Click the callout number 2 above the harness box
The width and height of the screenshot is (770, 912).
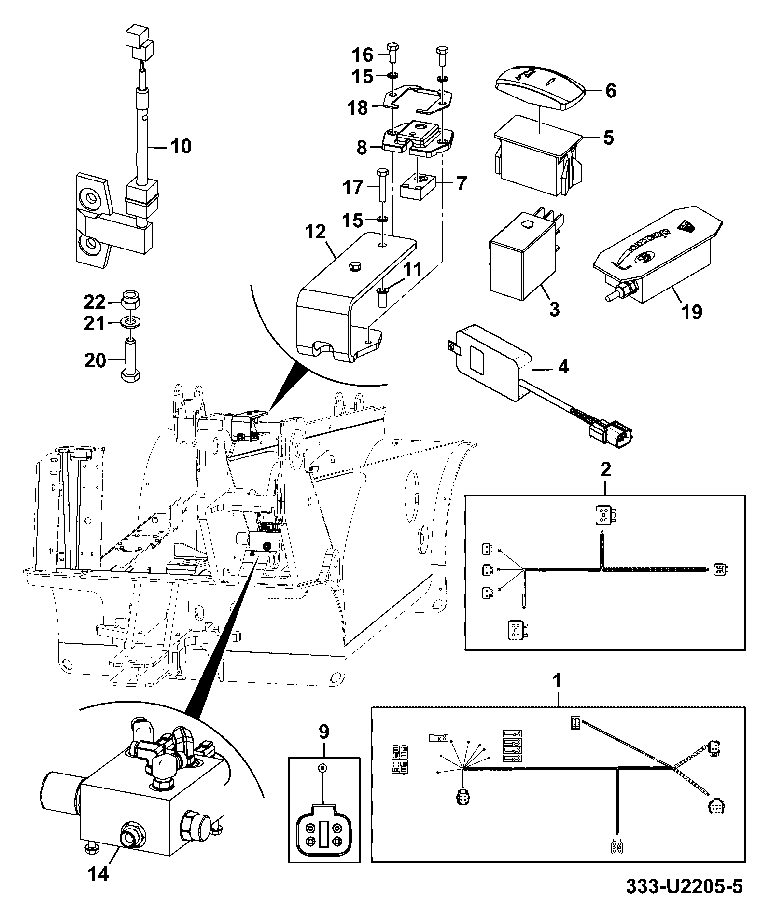point(605,469)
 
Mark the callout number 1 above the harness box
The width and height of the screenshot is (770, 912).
point(558,681)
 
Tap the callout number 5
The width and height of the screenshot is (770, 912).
point(609,138)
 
